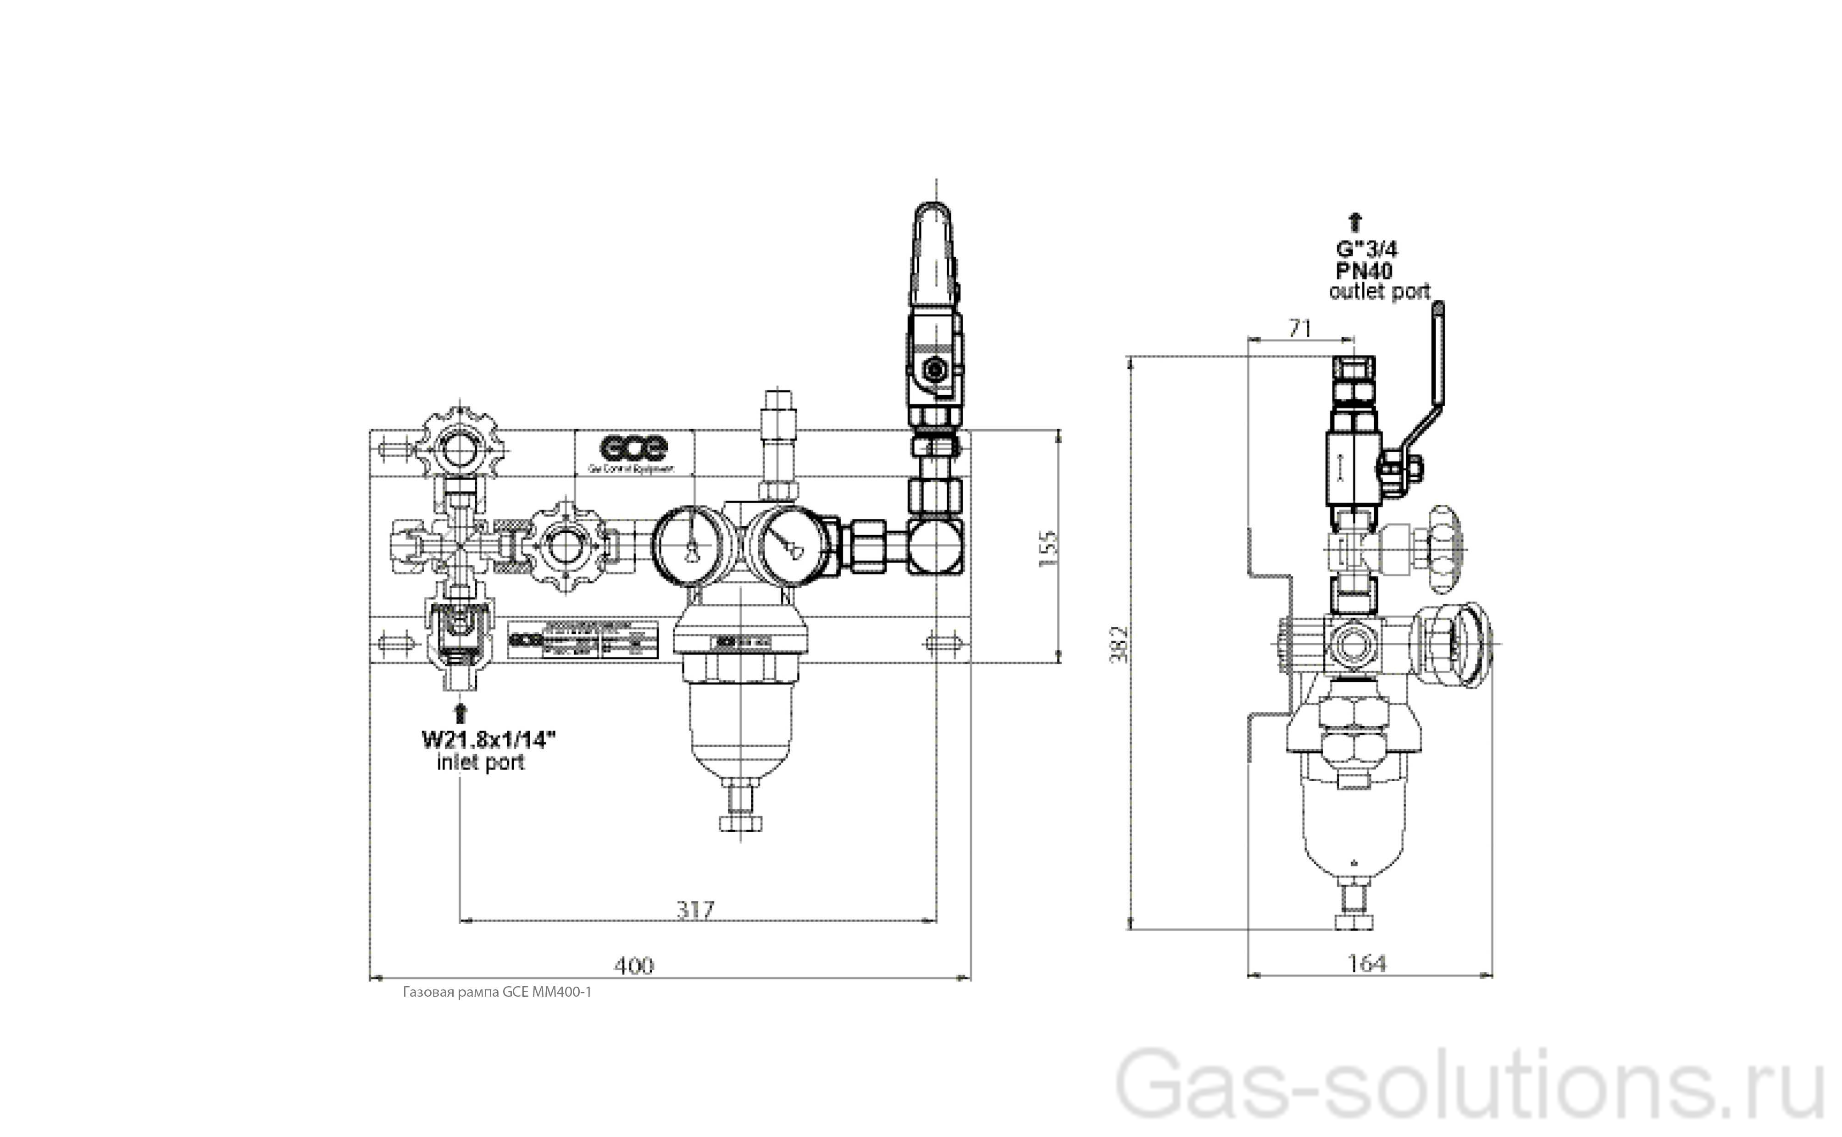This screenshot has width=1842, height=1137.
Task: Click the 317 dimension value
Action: (694, 911)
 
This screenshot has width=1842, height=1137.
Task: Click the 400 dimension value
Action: (633, 966)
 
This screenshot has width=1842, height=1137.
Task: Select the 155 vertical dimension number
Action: (1048, 548)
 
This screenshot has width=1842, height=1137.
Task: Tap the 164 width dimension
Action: (1367, 963)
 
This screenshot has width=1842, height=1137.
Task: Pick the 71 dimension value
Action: (1300, 329)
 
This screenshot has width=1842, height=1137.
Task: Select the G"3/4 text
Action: (1367, 249)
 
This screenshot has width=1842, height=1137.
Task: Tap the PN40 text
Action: (1364, 270)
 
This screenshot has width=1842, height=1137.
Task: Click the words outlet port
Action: (1379, 292)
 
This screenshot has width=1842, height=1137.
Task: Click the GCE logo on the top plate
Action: (633, 448)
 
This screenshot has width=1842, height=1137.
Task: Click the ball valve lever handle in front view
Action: (932, 248)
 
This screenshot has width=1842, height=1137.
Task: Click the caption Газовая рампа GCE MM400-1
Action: (497, 992)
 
